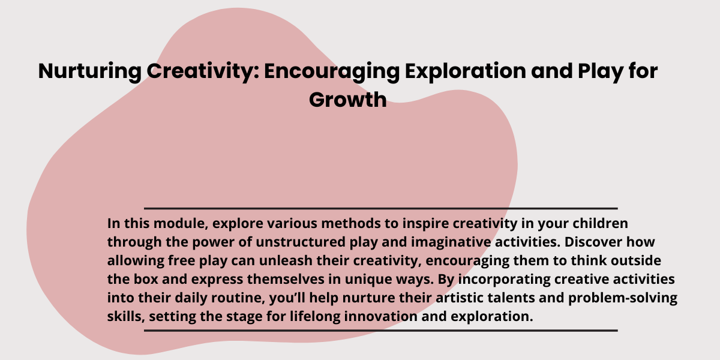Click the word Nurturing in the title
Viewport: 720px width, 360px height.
(89, 71)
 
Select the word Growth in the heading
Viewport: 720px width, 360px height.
(348, 100)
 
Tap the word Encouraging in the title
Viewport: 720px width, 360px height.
(332, 71)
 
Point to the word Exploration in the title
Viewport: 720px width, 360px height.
(466, 71)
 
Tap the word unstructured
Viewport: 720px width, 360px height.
(301, 242)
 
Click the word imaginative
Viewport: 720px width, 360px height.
(451, 242)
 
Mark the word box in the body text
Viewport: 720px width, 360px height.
(146, 279)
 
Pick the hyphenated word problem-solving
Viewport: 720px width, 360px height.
(623, 299)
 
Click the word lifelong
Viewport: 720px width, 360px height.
(315, 317)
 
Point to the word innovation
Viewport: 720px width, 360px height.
(380, 316)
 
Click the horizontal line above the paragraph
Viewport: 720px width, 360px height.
(381, 209)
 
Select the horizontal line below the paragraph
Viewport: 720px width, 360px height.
(381, 331)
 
